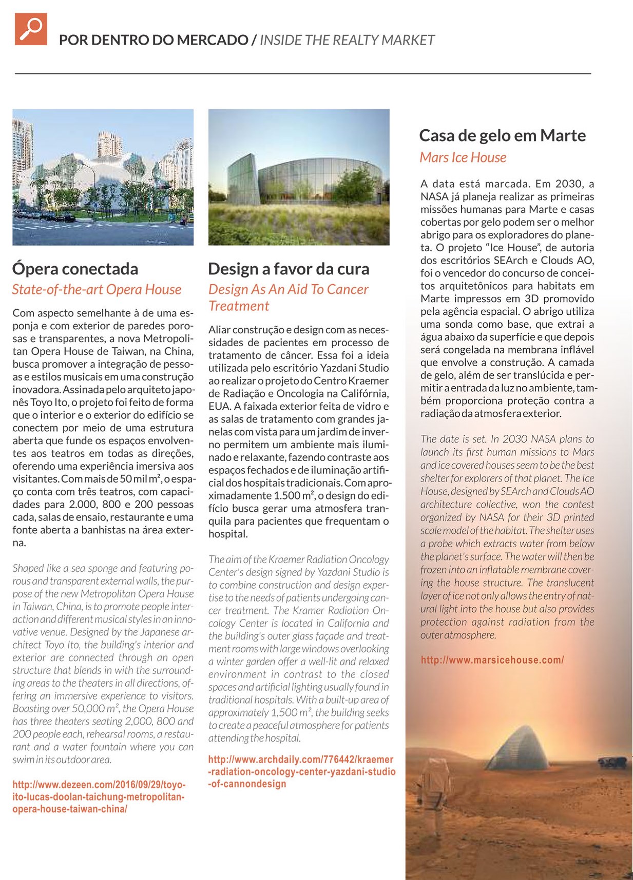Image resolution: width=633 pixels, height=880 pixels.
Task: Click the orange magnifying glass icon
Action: point(31,29)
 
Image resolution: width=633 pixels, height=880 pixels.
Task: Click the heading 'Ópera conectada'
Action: point(75,269)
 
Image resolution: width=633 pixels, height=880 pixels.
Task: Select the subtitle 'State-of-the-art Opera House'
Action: point(97,290)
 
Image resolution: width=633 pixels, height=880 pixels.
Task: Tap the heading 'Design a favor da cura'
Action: point(289,269)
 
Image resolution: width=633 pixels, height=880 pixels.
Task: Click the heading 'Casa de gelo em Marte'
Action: point(502,135)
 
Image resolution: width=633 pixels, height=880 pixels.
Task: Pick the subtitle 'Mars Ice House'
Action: point(463,157)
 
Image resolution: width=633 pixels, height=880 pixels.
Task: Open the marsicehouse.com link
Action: point(492,660)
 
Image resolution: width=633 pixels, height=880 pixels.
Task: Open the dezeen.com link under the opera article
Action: point(99,797)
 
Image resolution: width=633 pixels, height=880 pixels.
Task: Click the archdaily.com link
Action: point(301,771)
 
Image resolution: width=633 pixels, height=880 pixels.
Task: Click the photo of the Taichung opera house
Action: point(103,177)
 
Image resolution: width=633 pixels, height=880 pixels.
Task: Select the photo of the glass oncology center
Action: point(299,177)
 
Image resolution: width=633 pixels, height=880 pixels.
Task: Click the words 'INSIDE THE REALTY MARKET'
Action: point(347,40)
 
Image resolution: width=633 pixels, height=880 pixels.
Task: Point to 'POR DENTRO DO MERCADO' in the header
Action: point(153,40)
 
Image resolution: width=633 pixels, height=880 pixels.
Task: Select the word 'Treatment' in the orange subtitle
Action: point(239,306)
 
